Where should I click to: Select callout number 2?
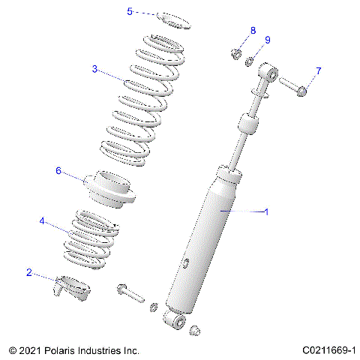pos(29,272)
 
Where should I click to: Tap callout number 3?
pos(95,69)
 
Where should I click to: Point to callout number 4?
pos(42,221)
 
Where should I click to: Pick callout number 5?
pos(130,11)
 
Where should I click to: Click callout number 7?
pos(318,71)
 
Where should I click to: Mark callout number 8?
pos(253,31)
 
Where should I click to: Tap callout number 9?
pos(267,40)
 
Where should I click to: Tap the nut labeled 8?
pos(235,54)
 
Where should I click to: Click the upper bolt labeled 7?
pos(294,87)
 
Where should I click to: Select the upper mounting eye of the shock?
pos(267,71)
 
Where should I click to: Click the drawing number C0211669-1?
pos(328,350)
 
